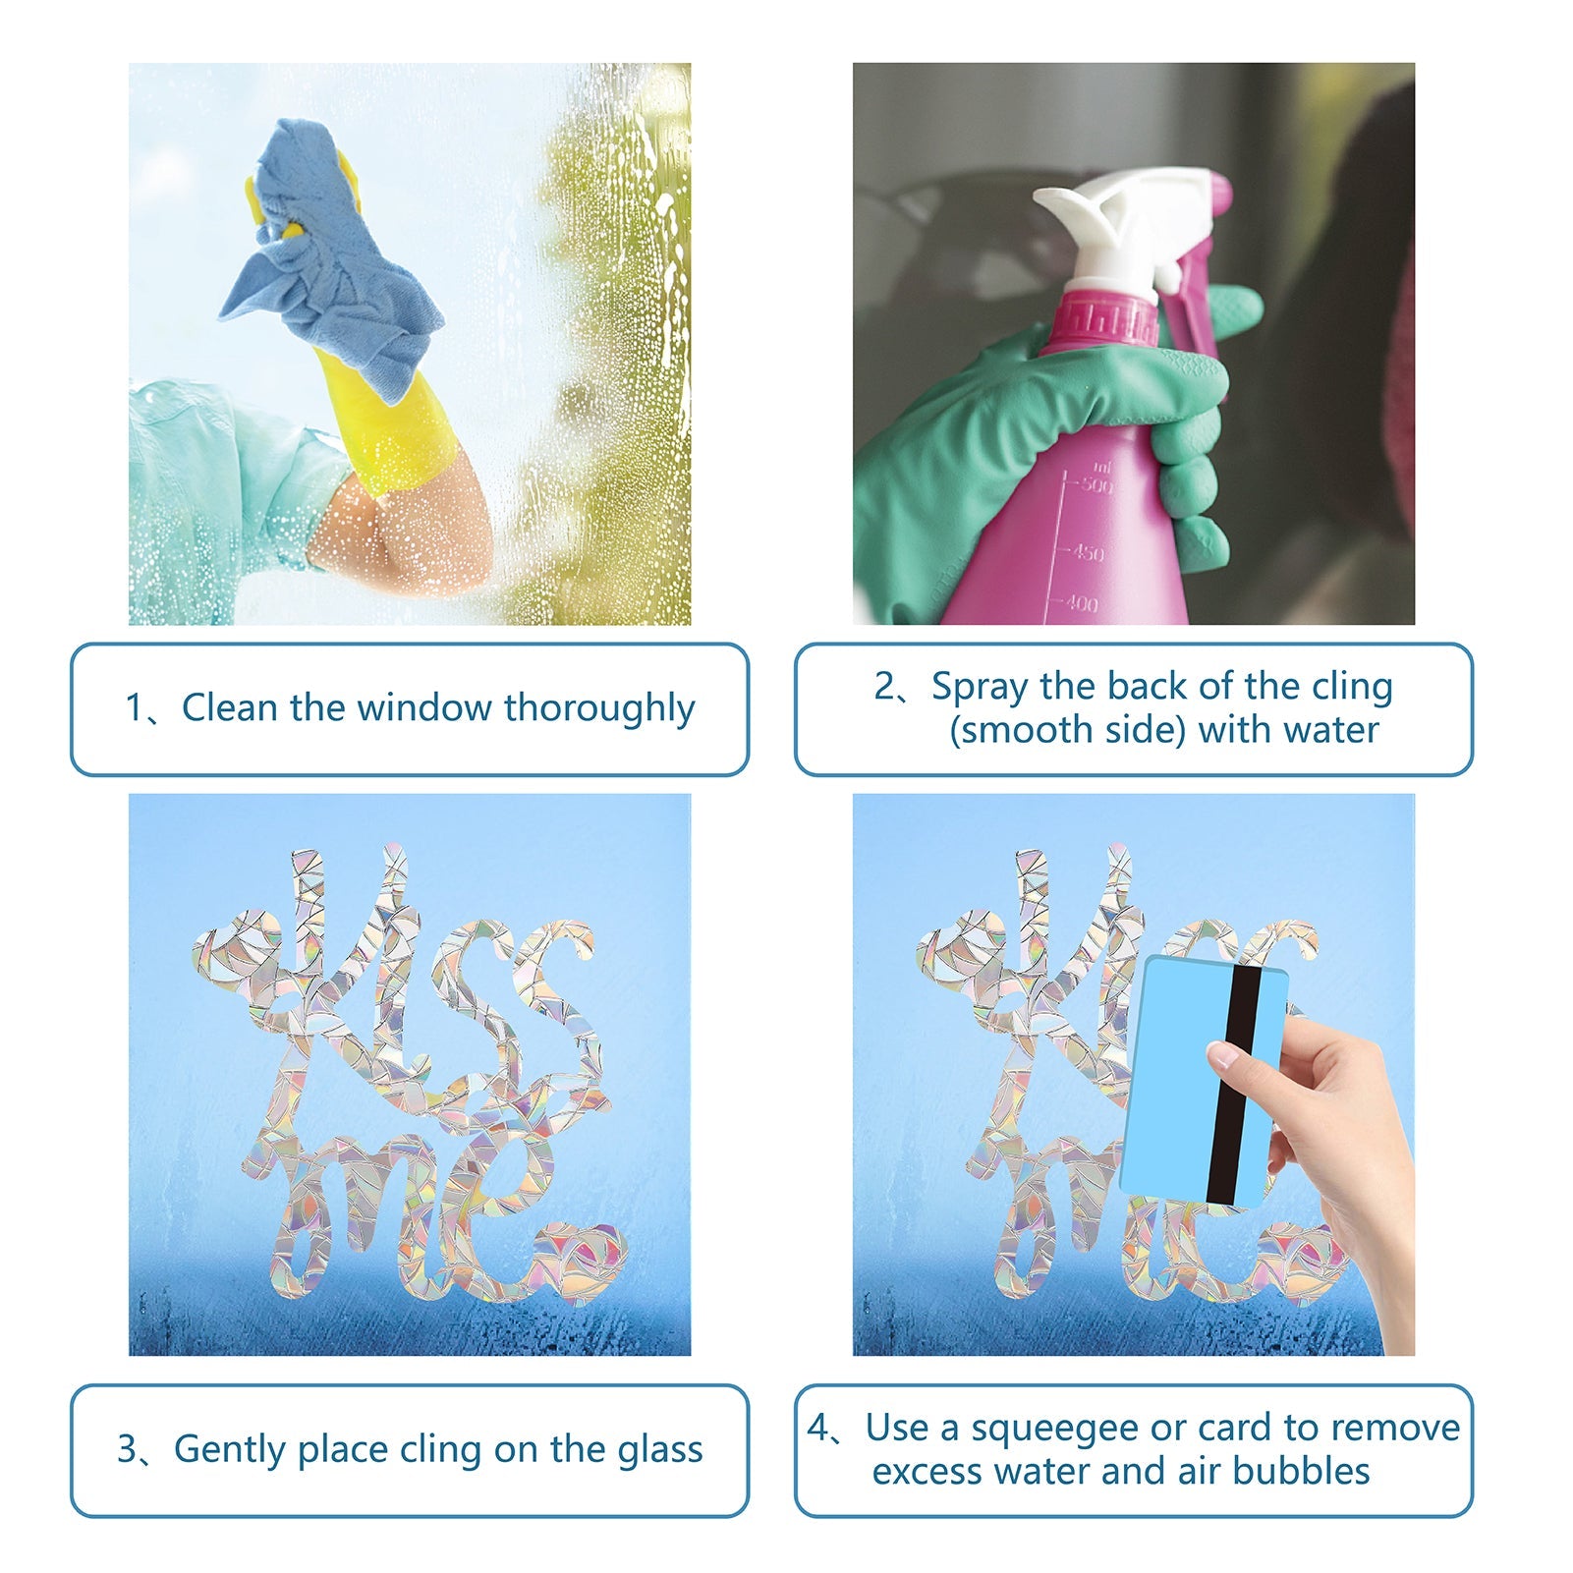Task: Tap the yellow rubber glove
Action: click(x=393, y=422)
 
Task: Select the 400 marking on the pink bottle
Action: click(x=1082, y=604)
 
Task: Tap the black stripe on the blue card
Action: click(x=1234, y=1086)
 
